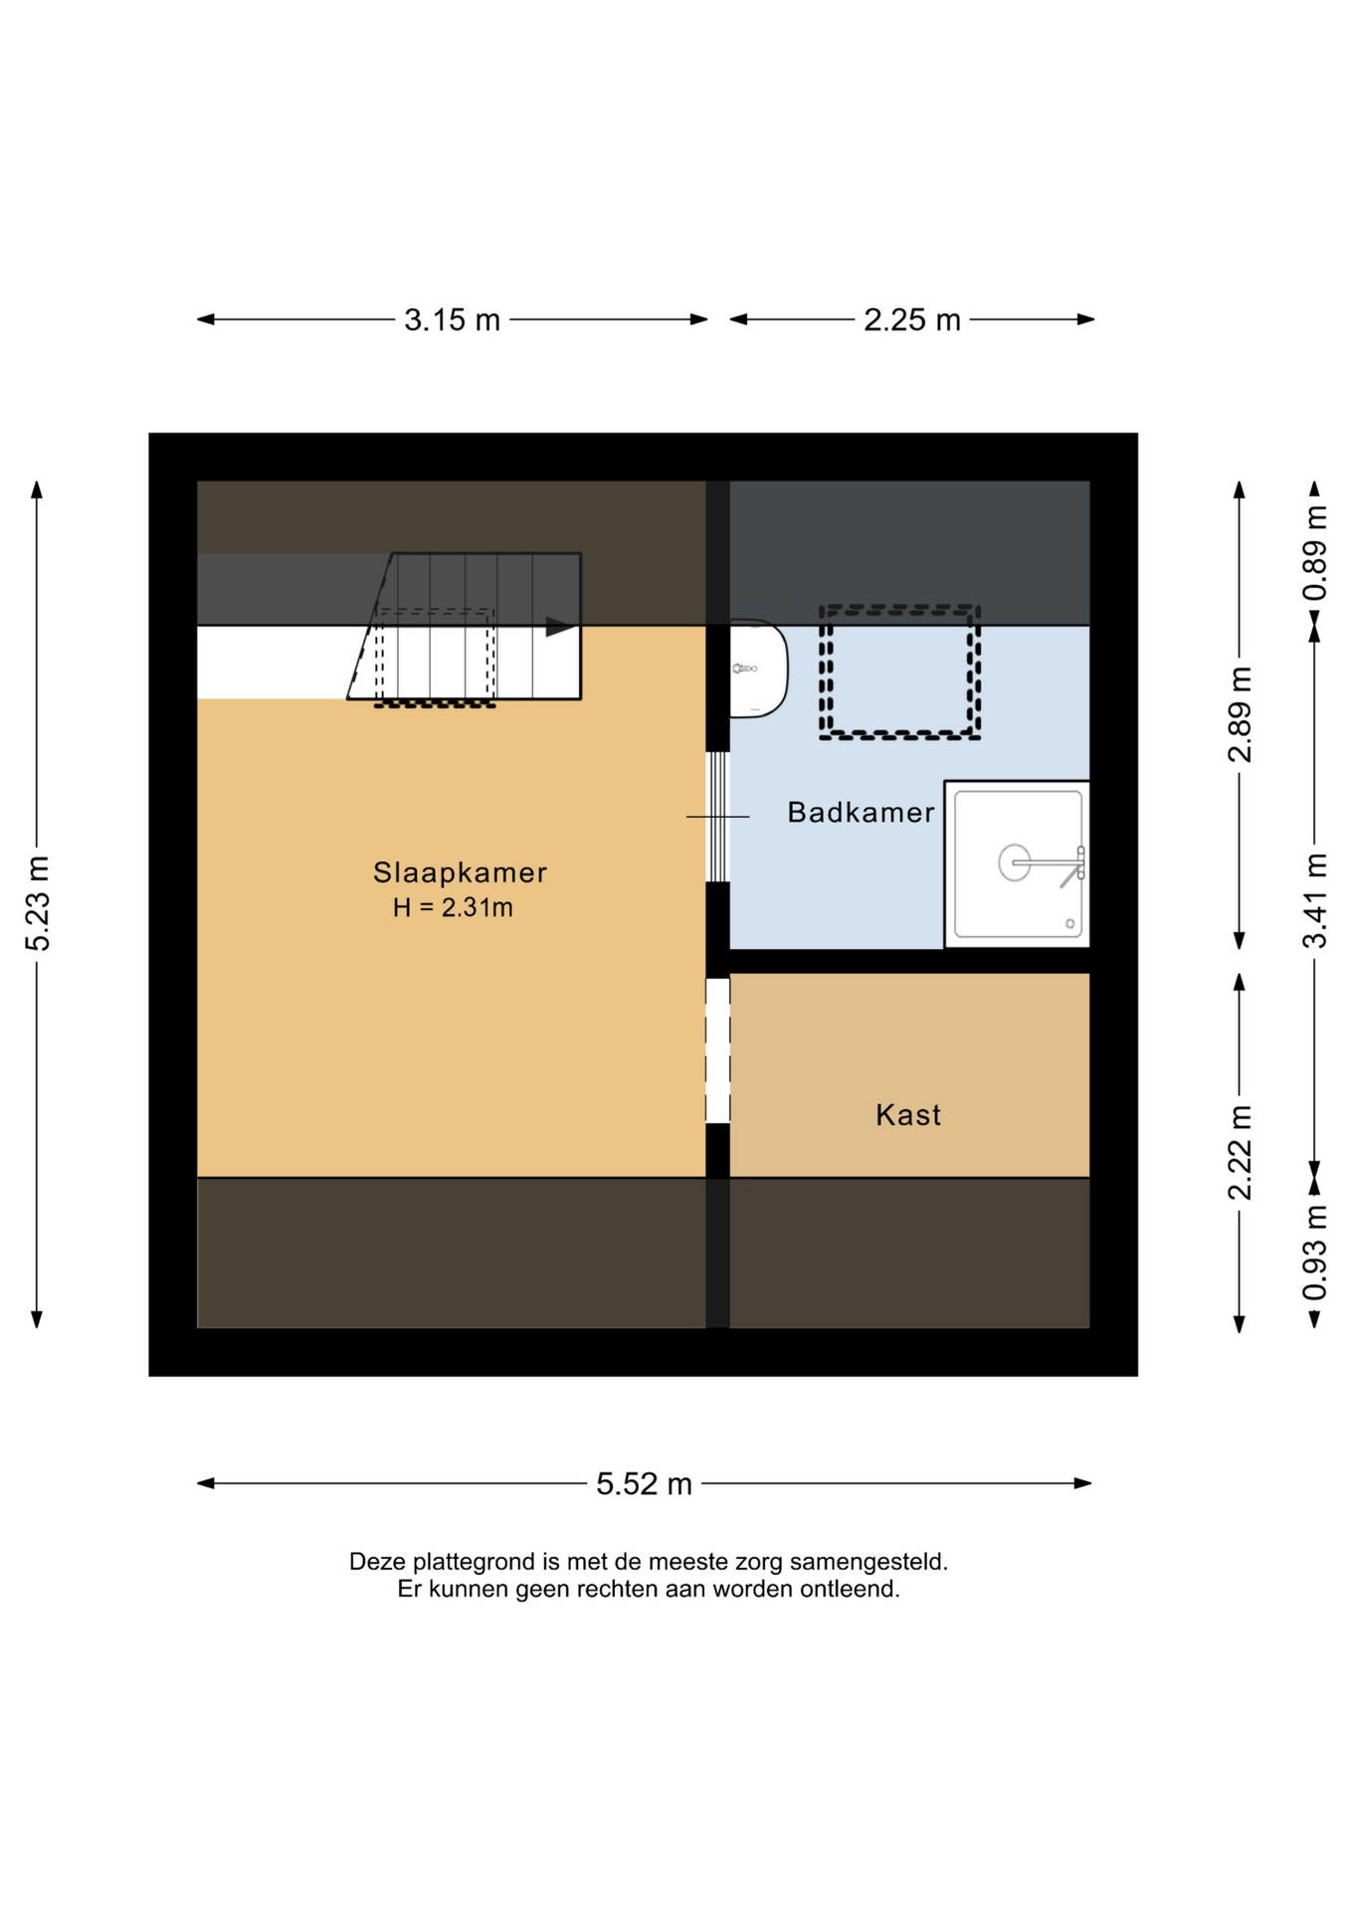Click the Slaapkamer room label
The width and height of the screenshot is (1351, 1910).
point(460,872)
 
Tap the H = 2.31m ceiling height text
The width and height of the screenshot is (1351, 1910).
point(453,907)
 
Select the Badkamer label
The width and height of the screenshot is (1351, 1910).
point(861,813)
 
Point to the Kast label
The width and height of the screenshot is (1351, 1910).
point(908,1115)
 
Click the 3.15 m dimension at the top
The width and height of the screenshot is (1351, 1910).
point(452,320)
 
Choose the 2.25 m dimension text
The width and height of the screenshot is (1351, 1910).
point(912,320)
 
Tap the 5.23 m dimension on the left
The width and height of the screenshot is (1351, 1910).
point(38,903)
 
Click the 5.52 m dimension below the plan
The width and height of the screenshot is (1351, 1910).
point(644,1484)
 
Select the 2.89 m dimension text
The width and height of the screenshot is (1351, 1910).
point(1240,714)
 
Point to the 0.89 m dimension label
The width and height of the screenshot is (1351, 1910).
point(1315,553)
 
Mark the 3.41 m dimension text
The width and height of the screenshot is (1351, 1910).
point(1315,901)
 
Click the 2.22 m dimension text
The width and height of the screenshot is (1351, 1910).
point(1240,1153)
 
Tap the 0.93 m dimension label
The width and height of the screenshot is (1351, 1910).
point(1315,1252)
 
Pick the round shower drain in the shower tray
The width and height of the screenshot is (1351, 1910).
point(1015,862)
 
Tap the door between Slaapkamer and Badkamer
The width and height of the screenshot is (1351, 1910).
point(717,817)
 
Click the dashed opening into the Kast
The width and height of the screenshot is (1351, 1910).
point(717,1050)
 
